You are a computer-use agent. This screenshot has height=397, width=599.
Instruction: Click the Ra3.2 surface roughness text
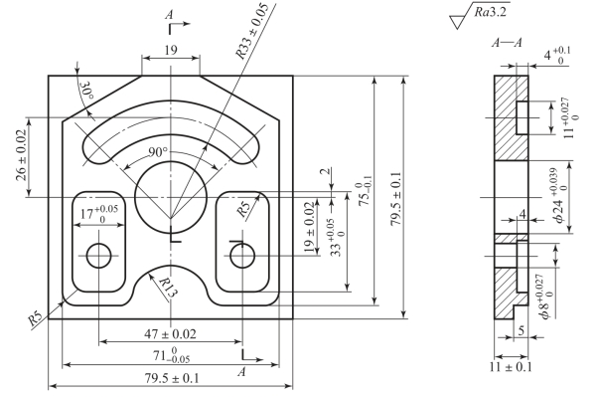click(491, 12)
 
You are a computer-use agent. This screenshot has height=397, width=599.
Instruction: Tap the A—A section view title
click(507, 43)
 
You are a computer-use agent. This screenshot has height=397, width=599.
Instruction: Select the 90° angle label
click(158, 152)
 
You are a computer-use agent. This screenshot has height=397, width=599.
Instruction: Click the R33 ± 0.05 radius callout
click(252, 32)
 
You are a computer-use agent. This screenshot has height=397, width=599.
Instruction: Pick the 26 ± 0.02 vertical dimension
click(22, 155)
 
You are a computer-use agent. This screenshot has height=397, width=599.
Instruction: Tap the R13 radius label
click(168, 288)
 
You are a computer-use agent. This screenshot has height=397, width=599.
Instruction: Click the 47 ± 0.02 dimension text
click(170, 334)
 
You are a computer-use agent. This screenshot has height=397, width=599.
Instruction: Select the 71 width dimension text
click(172, 355)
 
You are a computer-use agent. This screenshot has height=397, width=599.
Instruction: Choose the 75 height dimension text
click(366, 194)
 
